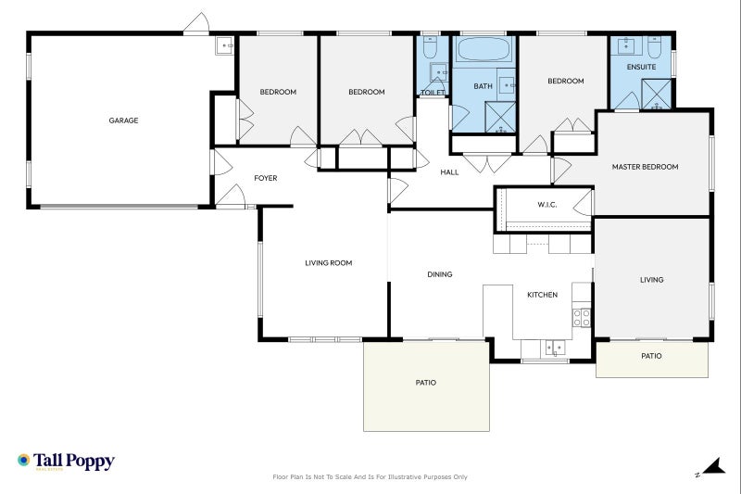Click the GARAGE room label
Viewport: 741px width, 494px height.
point(123,120)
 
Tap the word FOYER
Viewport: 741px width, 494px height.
point(266,178)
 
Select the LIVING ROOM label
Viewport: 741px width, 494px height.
point(329,263)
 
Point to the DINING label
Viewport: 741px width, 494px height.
point(440,274)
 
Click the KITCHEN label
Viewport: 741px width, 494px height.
point(542,295)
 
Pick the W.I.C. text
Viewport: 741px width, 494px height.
point(546,205)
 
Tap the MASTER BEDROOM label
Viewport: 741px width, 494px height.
point(645,167)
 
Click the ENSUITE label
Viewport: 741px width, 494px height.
point(641,68)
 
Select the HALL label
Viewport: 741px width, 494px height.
point(449,172)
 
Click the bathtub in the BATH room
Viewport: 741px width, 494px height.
point(483,49)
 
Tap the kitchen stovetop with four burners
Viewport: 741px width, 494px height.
point(583,318)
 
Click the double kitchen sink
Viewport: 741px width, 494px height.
point(554,348)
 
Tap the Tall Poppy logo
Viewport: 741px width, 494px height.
point(66,462)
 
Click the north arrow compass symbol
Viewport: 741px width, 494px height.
point(710,467)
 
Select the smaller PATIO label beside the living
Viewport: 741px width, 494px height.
point(651,356)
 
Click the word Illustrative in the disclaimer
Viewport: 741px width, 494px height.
point(404,477)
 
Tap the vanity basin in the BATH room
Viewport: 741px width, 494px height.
point(508,84)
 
